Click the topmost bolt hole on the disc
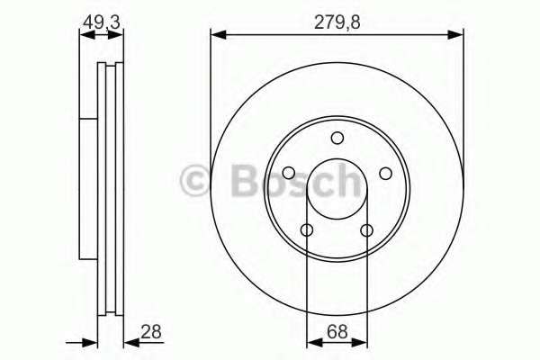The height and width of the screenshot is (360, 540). pos(337,138)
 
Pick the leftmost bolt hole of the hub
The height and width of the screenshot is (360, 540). pos(288,174)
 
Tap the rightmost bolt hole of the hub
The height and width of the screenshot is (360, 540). pos(385,174)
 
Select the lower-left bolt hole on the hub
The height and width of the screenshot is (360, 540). pos(307,230)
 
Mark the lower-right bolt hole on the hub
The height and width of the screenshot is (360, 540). pos(366,230)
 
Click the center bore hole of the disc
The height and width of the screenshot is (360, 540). pos(337,189)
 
